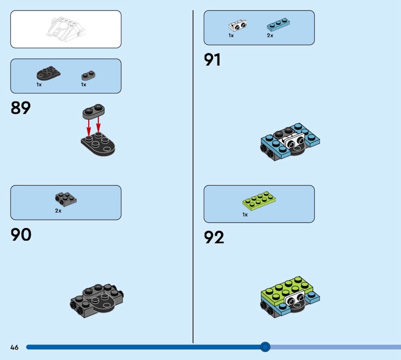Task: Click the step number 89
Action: pyautogui.click(x=21, y=108)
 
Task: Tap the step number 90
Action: pyautogui.click(x=21, y=234)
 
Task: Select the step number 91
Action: pyautogui.click(x=212, y=60)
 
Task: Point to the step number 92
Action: pyautogui.click(x=214, y=237)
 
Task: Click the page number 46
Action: pyautogui.click(x=15, y=347)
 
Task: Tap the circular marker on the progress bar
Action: pyautogui.click(x=265, y=347)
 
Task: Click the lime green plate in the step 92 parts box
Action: pyautogui.click(x=259, y=201)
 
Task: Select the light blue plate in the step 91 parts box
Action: pyautogui.click(x=278, y=24)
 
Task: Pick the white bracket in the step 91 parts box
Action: pyautogui.click(x=238, y=26)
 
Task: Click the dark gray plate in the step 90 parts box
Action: pyautogui.click(x=66, y=200)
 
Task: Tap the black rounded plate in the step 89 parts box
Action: pyautogui.click(x=49, y=73)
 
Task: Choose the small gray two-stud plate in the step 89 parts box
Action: pyautogui.click(x=88, y=75)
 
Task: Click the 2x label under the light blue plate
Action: pyautogui.click(x=270, y=35)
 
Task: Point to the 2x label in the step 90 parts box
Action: pyautogui.click(x=58, y=211)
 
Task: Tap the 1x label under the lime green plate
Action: pyautogui.click(x=245, y=215)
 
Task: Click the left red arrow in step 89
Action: pyautogui.click(x=89, y=127)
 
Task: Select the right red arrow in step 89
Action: pyautogui.click(x=98, y=125)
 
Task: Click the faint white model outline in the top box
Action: pyautogui.click(x=66, y=29)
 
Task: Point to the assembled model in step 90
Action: pyautogui.click(x=97, y=301)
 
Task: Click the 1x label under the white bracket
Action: pyautogui.click(x=231, y=35)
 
